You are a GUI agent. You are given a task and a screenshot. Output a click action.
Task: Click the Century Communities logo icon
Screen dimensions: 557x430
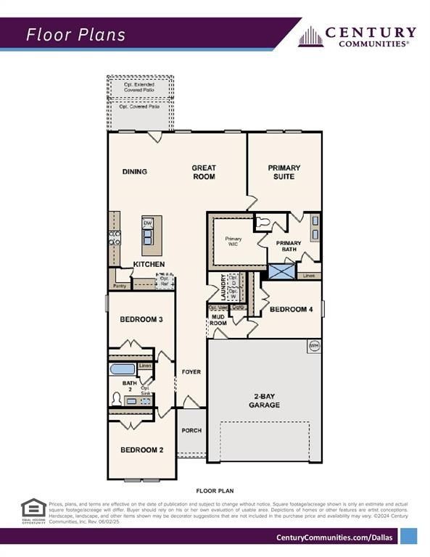310,37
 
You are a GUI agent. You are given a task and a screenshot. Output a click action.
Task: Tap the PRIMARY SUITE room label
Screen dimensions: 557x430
284,172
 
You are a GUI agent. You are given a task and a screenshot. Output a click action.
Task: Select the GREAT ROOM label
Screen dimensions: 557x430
204,172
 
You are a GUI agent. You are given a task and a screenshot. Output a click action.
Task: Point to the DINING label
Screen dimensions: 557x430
135,172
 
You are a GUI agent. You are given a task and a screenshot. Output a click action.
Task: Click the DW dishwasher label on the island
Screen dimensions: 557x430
147,223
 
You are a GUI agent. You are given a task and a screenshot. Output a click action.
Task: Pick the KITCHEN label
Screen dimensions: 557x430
149,265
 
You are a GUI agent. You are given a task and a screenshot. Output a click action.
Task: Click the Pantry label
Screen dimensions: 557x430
120,277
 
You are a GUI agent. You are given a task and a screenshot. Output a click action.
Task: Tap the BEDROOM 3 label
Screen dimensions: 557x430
141,319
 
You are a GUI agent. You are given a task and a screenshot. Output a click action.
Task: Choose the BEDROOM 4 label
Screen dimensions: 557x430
291,310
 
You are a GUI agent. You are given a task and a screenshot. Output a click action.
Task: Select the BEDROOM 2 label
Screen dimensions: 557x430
141,450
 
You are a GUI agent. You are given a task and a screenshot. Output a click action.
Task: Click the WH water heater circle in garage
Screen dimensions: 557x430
314,346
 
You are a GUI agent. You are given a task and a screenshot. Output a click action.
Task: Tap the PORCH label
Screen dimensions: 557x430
191,431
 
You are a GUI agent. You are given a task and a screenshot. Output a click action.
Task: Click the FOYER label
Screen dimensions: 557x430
191,372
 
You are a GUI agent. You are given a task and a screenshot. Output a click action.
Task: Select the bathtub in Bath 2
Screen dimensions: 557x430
122,369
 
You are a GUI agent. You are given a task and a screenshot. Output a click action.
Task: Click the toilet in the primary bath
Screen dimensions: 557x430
265,223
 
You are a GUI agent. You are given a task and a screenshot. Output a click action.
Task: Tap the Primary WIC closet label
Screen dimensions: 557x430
233,242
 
